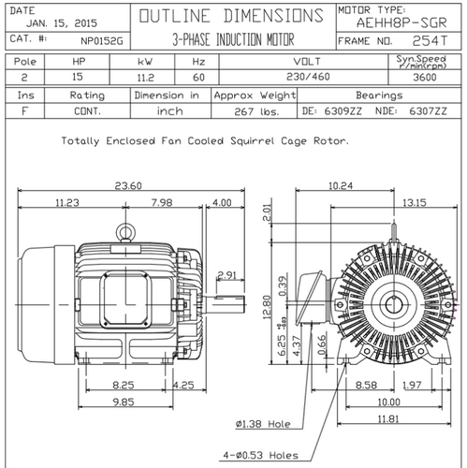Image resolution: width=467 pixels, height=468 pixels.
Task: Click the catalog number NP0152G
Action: coord(102,41)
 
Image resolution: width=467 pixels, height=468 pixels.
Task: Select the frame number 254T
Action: coord(430,41)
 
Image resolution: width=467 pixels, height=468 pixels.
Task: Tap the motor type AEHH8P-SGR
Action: coord(401,22)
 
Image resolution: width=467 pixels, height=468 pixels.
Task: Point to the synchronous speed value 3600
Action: coord(425,77)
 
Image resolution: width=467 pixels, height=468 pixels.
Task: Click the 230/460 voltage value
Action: coord(308,77)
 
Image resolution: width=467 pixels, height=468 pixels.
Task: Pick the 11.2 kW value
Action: coord(146,78)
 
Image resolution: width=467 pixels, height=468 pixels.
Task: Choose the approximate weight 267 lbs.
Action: coord(256,111)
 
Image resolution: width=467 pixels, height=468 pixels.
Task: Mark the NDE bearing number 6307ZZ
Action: coord(428,110)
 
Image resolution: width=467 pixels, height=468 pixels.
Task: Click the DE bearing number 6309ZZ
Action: coord(343,110)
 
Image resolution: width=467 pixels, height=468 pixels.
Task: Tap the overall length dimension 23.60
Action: coord(128,185)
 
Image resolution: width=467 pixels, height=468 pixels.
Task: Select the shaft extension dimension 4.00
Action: coord(222,203)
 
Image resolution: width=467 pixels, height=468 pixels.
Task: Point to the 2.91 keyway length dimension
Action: coord(226,275)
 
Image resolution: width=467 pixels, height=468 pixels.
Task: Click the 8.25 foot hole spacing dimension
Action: coord(124,385)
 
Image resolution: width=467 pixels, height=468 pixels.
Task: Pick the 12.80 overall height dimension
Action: coord(268,307)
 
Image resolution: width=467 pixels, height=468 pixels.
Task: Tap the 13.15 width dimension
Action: coord(414,203)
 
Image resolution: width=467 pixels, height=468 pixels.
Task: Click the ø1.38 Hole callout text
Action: coord(263,424)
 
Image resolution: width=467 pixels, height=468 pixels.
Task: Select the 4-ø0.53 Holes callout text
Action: coord(260,455)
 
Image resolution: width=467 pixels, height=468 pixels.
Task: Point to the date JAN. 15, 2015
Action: coord(62,23)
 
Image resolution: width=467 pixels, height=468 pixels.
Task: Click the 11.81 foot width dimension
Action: coord(388,418)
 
